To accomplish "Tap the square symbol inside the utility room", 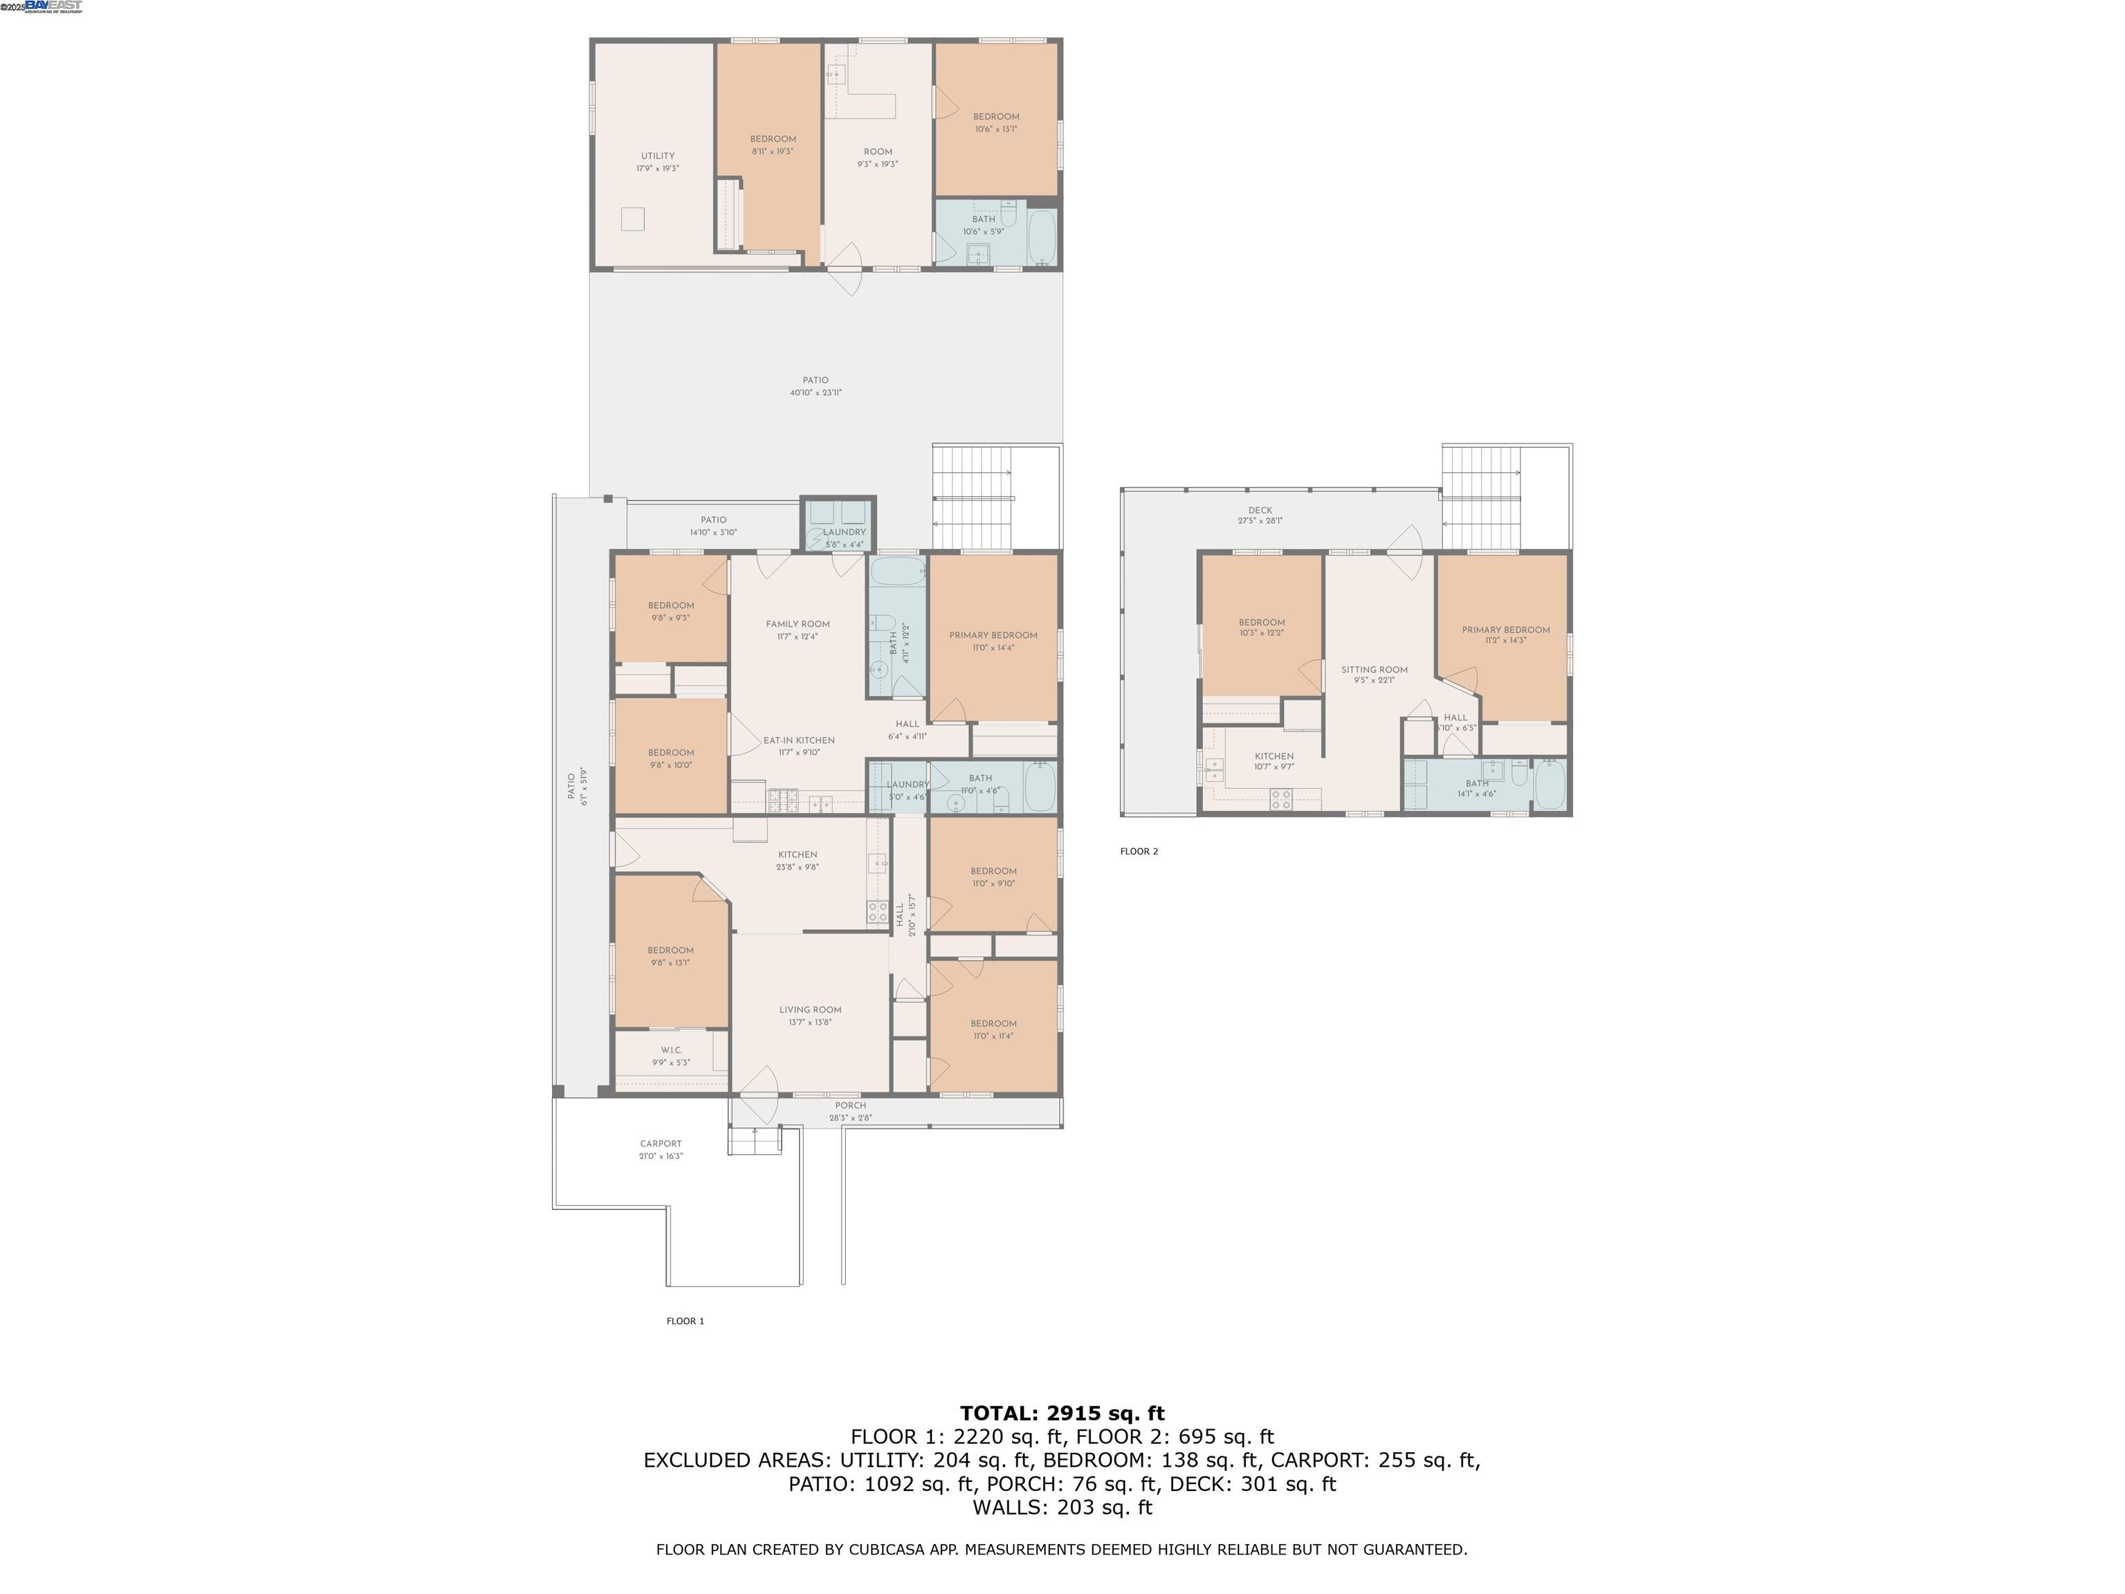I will [x=632, y=219].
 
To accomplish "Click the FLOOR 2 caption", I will [x=1139, y=851].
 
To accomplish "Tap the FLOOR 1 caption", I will [x=685, y=1321].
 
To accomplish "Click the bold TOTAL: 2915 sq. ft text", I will [x=1062, y=1413].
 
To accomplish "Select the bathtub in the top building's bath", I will [x=1042, y=237].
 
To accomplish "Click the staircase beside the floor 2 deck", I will [x=1480, y=497].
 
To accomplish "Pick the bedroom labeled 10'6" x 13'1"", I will [x=995, y=122].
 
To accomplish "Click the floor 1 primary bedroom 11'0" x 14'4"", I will [x=993, y=641].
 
